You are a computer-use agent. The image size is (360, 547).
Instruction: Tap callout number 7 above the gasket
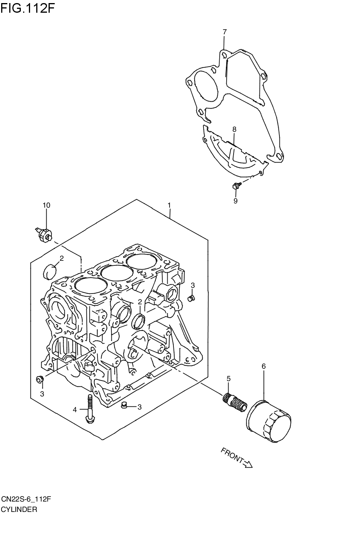tap(224, 32)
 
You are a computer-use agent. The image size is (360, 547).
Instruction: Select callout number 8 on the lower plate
tap(234, 129)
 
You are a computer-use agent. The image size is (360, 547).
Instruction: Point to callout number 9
tap(235, 200)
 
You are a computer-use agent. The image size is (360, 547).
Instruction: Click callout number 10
tap(46, 205)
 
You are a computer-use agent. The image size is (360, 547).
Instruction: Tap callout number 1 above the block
tap(169, 205)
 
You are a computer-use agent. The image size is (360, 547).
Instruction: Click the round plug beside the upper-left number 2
tap(48, 271)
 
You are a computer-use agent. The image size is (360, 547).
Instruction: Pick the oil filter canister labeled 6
tap(269, 422)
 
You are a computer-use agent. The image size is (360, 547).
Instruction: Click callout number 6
tap(264, 366)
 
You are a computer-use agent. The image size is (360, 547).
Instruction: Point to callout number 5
tap(228, 379)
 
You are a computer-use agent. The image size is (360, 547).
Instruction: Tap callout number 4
tap(75, 409)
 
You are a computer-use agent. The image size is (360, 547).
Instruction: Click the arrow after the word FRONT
tap(248, 464)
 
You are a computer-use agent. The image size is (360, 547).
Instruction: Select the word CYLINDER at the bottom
tap(19, 509)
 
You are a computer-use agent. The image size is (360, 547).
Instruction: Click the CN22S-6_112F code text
tap(26, 499)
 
